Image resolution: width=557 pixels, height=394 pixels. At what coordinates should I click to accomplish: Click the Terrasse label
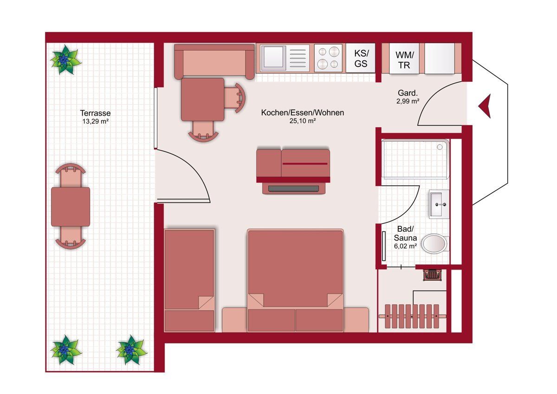(x=95, y=113)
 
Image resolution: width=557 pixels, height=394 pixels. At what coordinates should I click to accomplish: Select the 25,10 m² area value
(x=303, y=121)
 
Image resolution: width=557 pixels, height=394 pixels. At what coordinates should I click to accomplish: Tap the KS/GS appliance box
(x=361, y=58)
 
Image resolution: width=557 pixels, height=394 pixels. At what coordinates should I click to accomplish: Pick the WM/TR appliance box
(x=404, y=59)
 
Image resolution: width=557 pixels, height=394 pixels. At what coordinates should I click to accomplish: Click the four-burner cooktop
(x=328, y=58)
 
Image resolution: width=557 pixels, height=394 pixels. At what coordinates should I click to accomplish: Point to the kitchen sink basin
(x=273, y=57)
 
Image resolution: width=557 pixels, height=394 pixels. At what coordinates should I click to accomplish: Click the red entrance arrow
(x=485, y=106)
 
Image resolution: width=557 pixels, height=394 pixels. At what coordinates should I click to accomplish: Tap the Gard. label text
(x=408, y=93)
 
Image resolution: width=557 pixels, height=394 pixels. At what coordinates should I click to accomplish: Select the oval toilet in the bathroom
(x=434, y=243)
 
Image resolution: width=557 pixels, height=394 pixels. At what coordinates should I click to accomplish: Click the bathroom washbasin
(x=439, y=204)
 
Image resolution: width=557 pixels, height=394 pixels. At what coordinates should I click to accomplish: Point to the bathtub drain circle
(x=440, y=147)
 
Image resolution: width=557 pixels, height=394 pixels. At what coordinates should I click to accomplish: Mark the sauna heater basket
(x=433, y=275)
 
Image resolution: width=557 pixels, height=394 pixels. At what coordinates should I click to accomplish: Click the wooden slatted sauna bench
(x=412, y=316)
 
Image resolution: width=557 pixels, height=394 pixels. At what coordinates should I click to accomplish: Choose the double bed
(x=295, y=281)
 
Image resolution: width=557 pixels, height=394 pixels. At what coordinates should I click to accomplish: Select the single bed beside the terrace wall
(x=189, y=280)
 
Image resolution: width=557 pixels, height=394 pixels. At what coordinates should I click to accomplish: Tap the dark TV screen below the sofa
(x=293, y=189)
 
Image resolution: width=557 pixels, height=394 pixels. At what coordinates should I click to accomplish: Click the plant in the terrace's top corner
(x=65, y=60)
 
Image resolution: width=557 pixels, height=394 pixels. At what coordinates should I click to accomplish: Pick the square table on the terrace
(x=71, y=207)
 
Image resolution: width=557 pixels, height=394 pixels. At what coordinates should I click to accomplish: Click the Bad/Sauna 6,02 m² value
(x=405, y=246)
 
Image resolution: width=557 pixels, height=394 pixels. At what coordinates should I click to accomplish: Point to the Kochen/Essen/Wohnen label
(x=303, y=112)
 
